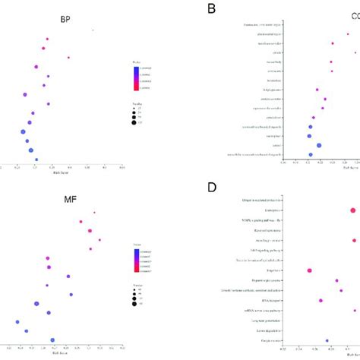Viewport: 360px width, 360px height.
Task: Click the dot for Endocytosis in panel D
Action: [353, 211]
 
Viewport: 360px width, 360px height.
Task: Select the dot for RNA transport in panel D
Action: [321, 300]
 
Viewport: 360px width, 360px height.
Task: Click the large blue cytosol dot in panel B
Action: [319, 145]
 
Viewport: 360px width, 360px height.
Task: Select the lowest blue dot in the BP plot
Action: [36, 159]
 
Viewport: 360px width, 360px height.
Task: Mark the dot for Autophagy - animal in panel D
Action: [354, 241]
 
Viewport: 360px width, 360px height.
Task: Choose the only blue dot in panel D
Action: [327, 341]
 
